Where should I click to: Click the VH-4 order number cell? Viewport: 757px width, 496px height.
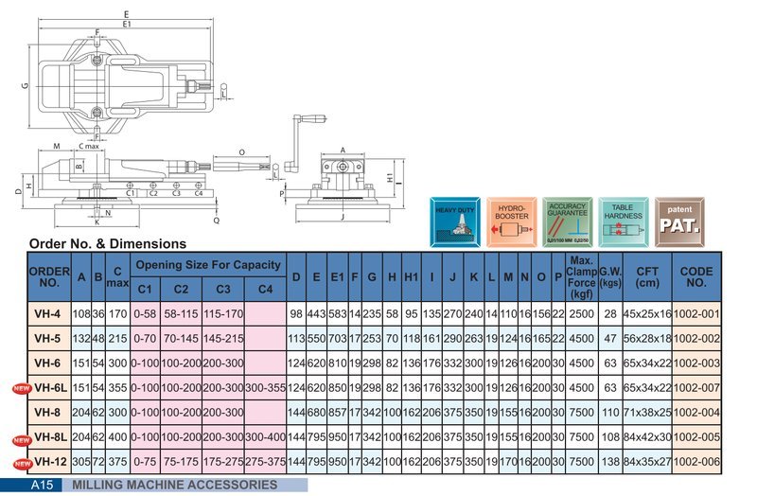(x=47, y=313)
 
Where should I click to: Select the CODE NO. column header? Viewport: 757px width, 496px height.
(x=695, y=275)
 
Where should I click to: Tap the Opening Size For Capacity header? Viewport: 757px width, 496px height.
(x=206, y=264)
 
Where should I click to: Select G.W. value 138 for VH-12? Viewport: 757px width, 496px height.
(x=610, y=461)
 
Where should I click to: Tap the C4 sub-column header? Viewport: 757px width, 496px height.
(x=265, y=289)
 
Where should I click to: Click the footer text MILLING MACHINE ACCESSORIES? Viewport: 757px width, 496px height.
(x=175, y=485)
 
